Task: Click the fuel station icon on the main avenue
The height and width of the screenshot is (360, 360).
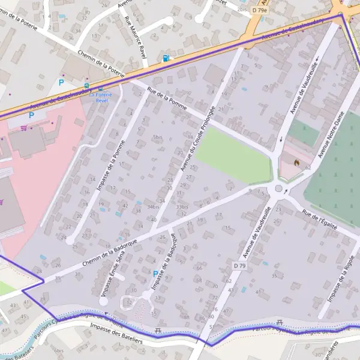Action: click(166, 58)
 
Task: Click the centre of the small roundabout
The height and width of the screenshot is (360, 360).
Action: click(278, 190)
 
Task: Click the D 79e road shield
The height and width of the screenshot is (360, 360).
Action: click(259, 10)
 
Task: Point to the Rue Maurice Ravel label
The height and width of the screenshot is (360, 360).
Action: click(135, 37)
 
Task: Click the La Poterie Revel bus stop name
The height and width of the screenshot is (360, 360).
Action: click(101, 98)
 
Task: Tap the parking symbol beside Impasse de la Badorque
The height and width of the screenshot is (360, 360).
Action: click(155, 274)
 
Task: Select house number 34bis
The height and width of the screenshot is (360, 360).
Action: click(153, 207)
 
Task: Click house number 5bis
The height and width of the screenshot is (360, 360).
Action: click(158, 137)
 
